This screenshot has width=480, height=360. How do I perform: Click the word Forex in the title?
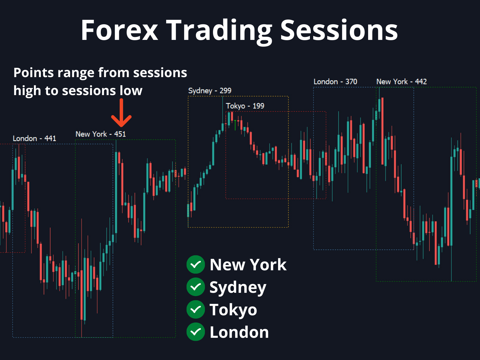point(119,30)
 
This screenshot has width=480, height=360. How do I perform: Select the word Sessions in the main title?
point(339,30)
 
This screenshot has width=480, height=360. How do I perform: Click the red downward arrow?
point(121,112)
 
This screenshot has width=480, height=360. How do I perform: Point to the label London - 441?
point(34,138)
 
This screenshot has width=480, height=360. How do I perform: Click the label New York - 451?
point(100,134)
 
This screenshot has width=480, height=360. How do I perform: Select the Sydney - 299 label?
point(210,91)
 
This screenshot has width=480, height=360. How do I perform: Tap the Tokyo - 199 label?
point(245,106)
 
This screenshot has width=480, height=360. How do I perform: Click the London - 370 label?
point(335,82)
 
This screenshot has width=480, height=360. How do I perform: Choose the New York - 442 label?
point(401,82)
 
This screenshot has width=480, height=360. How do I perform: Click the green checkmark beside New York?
point(196,265)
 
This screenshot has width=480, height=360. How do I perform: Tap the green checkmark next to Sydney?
point(196,287)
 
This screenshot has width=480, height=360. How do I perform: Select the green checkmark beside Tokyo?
point(196,309)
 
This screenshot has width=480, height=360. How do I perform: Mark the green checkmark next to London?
point(196,332)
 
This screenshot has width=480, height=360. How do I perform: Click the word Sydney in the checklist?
point(238,288)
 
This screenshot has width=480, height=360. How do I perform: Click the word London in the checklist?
point(239,332)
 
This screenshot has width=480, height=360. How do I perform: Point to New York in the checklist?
point(248,265)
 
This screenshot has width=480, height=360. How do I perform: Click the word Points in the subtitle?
point(34,73)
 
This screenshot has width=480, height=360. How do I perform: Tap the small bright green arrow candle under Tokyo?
point(235,125)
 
